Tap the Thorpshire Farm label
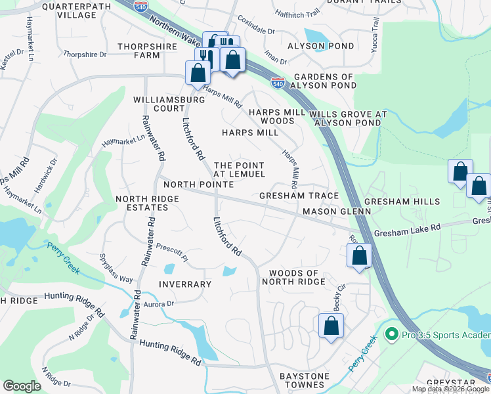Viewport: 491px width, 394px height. tap(148, 51)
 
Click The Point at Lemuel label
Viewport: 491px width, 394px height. tap(239, 169)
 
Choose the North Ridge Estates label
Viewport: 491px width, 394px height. tap(141, 203)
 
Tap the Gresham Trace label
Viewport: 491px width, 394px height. tap(299, 196)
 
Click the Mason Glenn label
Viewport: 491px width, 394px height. tap(337, 211)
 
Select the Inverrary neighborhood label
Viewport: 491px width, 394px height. tap(184, 284)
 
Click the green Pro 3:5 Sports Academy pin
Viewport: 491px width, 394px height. tap(392, 335)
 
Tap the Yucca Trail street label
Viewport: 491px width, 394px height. tap(375, 32)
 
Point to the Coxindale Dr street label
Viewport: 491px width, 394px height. tap(256, 26)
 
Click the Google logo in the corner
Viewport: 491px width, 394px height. tap(22, 386)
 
